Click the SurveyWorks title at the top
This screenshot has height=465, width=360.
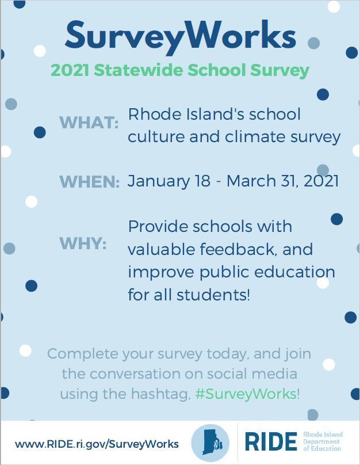point(181,36)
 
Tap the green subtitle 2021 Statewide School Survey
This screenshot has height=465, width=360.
point(180,71)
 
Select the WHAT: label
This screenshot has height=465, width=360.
point(89,122)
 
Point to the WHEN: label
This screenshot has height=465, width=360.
point(90,181)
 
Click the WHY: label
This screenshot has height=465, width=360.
point(83,243)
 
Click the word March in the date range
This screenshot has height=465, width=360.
point(251,181)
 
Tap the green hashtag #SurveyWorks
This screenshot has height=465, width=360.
point(246,394)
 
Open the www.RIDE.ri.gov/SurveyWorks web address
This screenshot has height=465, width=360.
point(97,444)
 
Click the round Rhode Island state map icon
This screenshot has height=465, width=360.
point(210,443)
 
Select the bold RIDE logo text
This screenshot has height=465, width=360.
point(271,441)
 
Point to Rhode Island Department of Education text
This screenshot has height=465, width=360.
point(323,441)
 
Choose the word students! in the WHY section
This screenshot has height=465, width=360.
point(213,295)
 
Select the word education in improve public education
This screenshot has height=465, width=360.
point(294,272)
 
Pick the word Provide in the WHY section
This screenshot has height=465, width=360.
point(158,226)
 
